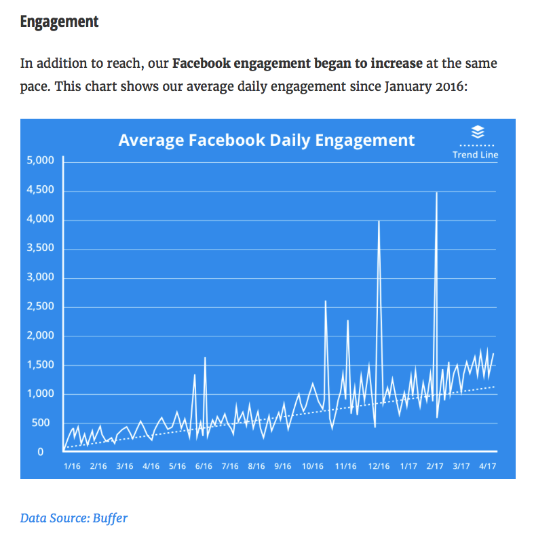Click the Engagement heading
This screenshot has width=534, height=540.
59,22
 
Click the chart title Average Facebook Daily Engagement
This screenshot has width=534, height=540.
267,140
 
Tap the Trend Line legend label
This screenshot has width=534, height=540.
475,155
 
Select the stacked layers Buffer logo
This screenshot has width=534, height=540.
478,132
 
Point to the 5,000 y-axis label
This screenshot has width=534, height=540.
40,160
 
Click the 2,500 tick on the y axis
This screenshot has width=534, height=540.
40,306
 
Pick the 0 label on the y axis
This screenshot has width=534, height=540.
40,452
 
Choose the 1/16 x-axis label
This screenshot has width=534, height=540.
72,466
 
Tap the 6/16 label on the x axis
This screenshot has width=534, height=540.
204,466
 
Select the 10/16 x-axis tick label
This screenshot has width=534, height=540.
313,466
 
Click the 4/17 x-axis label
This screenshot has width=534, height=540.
487,466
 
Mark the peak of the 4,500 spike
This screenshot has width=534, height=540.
436,193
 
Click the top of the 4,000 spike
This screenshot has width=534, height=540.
379,221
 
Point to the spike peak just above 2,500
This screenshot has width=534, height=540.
326,302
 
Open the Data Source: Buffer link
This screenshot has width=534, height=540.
74,518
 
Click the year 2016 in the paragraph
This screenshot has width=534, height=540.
450,86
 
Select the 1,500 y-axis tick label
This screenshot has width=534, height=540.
40,365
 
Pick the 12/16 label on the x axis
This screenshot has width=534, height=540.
379,466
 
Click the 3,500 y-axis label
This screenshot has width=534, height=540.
40,248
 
